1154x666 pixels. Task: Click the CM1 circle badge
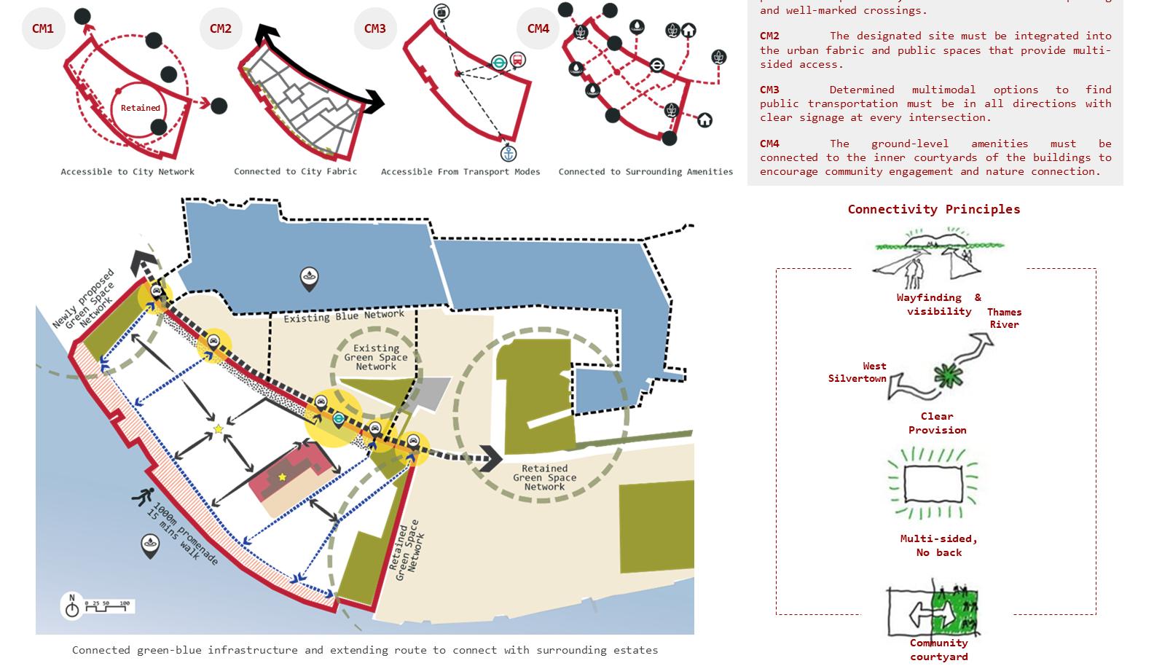coord(43,28)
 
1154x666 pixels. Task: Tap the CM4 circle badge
coord(538,28)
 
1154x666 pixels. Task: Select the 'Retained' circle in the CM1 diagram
coord(140,108)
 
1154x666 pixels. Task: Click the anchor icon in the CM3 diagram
coord(508,153)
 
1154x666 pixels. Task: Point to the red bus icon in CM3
coord(517,60)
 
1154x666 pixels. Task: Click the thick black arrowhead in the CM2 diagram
coord(375,102)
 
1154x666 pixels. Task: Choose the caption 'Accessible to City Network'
coord(127,172)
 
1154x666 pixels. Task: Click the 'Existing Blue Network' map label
coord(343,316)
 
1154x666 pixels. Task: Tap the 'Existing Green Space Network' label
coord(376,357)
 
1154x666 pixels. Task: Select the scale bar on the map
coord(106,604)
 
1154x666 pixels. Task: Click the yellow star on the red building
coord(283,477)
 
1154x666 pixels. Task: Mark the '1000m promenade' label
coord(182,533)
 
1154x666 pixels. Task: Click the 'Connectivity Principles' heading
coord(933,209)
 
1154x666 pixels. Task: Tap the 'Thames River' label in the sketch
coord(1004,318)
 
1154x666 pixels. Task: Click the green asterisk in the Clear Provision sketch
coord(948,376)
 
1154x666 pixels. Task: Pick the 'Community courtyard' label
coord(938,650)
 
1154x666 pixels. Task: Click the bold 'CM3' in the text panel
coord(769,90)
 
